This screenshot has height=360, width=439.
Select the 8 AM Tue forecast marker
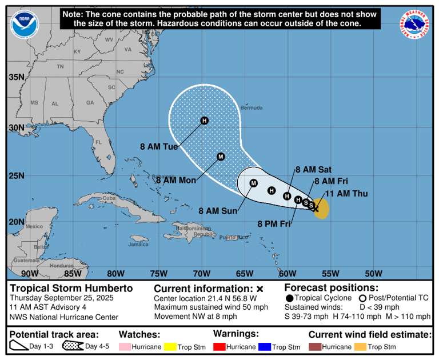[205, 120]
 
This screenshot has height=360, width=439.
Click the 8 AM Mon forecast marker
[221, 157]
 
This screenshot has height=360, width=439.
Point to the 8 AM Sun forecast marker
[254, 183]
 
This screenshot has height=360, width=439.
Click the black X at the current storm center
[316, 209]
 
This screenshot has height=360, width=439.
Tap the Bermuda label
[252, 107]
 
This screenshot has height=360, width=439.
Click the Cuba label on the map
[109, 198]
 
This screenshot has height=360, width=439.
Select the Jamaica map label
[138, 244]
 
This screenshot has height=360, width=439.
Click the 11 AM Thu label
[347, 194]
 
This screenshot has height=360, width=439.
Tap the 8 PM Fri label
[274, 224]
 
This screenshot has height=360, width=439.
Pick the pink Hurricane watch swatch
[125, 347]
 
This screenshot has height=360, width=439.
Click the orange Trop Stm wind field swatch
[361, 347]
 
